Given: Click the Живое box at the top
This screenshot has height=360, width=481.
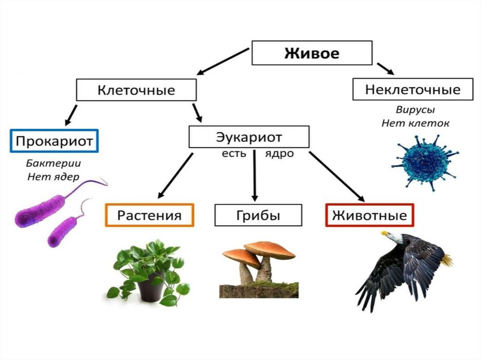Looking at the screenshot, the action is [x=312, y=53].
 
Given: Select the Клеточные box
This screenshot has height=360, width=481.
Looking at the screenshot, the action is [x=136, y=90].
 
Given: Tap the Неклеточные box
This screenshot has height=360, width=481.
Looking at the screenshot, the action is [x=413, y=89].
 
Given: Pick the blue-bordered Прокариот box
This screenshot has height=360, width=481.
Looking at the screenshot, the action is [x=54, y=140].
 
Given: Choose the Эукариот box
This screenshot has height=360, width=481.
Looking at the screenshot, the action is [x=249, y=137].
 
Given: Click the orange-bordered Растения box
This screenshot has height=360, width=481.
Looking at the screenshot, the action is [x=149, y=215].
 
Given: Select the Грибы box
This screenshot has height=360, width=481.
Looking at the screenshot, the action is [x=258, y=215].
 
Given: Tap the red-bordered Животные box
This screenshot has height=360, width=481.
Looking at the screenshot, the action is [x=369, y=215].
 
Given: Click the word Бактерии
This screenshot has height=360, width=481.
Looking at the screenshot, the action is [x=54, y=164].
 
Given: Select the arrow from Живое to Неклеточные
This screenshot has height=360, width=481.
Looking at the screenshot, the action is [x=385, y=69].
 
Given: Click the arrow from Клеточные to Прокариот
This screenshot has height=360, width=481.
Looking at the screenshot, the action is [x=71, y=115].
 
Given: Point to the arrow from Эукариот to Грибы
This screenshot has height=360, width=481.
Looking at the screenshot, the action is [x=254, y=176].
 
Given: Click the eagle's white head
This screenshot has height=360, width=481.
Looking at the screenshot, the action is [x=393, y=237].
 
